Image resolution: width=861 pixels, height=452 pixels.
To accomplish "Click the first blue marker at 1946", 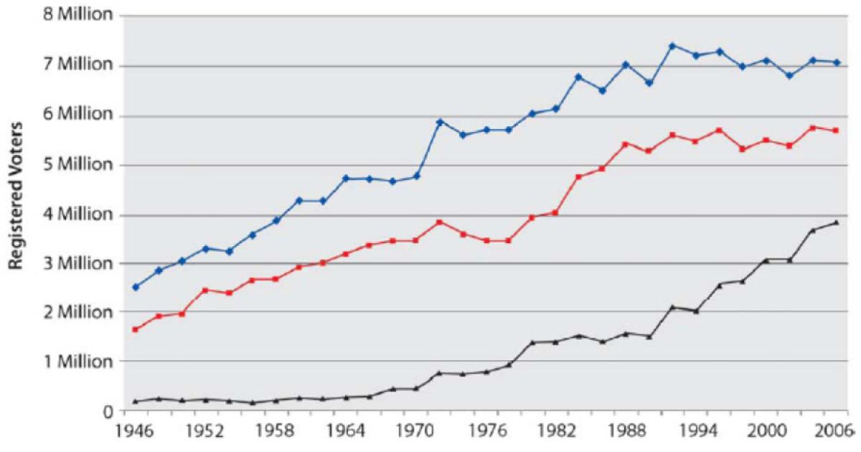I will click(135, 287).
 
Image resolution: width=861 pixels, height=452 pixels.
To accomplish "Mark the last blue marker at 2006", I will click(837, 62).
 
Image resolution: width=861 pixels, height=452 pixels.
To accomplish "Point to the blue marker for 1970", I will click(416, 176).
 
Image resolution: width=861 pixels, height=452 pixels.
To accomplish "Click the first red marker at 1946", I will click(135, 329).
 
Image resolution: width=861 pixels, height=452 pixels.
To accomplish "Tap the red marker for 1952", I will click(205, 290).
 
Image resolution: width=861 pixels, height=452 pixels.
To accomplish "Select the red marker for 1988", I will click(626, 144).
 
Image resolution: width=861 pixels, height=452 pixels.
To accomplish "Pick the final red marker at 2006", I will click(837, 131).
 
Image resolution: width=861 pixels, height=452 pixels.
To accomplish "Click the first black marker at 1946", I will click(135, 401).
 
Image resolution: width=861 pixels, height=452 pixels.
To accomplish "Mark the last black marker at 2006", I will click(837, 222).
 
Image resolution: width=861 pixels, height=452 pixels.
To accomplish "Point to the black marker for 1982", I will click(555, 342).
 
